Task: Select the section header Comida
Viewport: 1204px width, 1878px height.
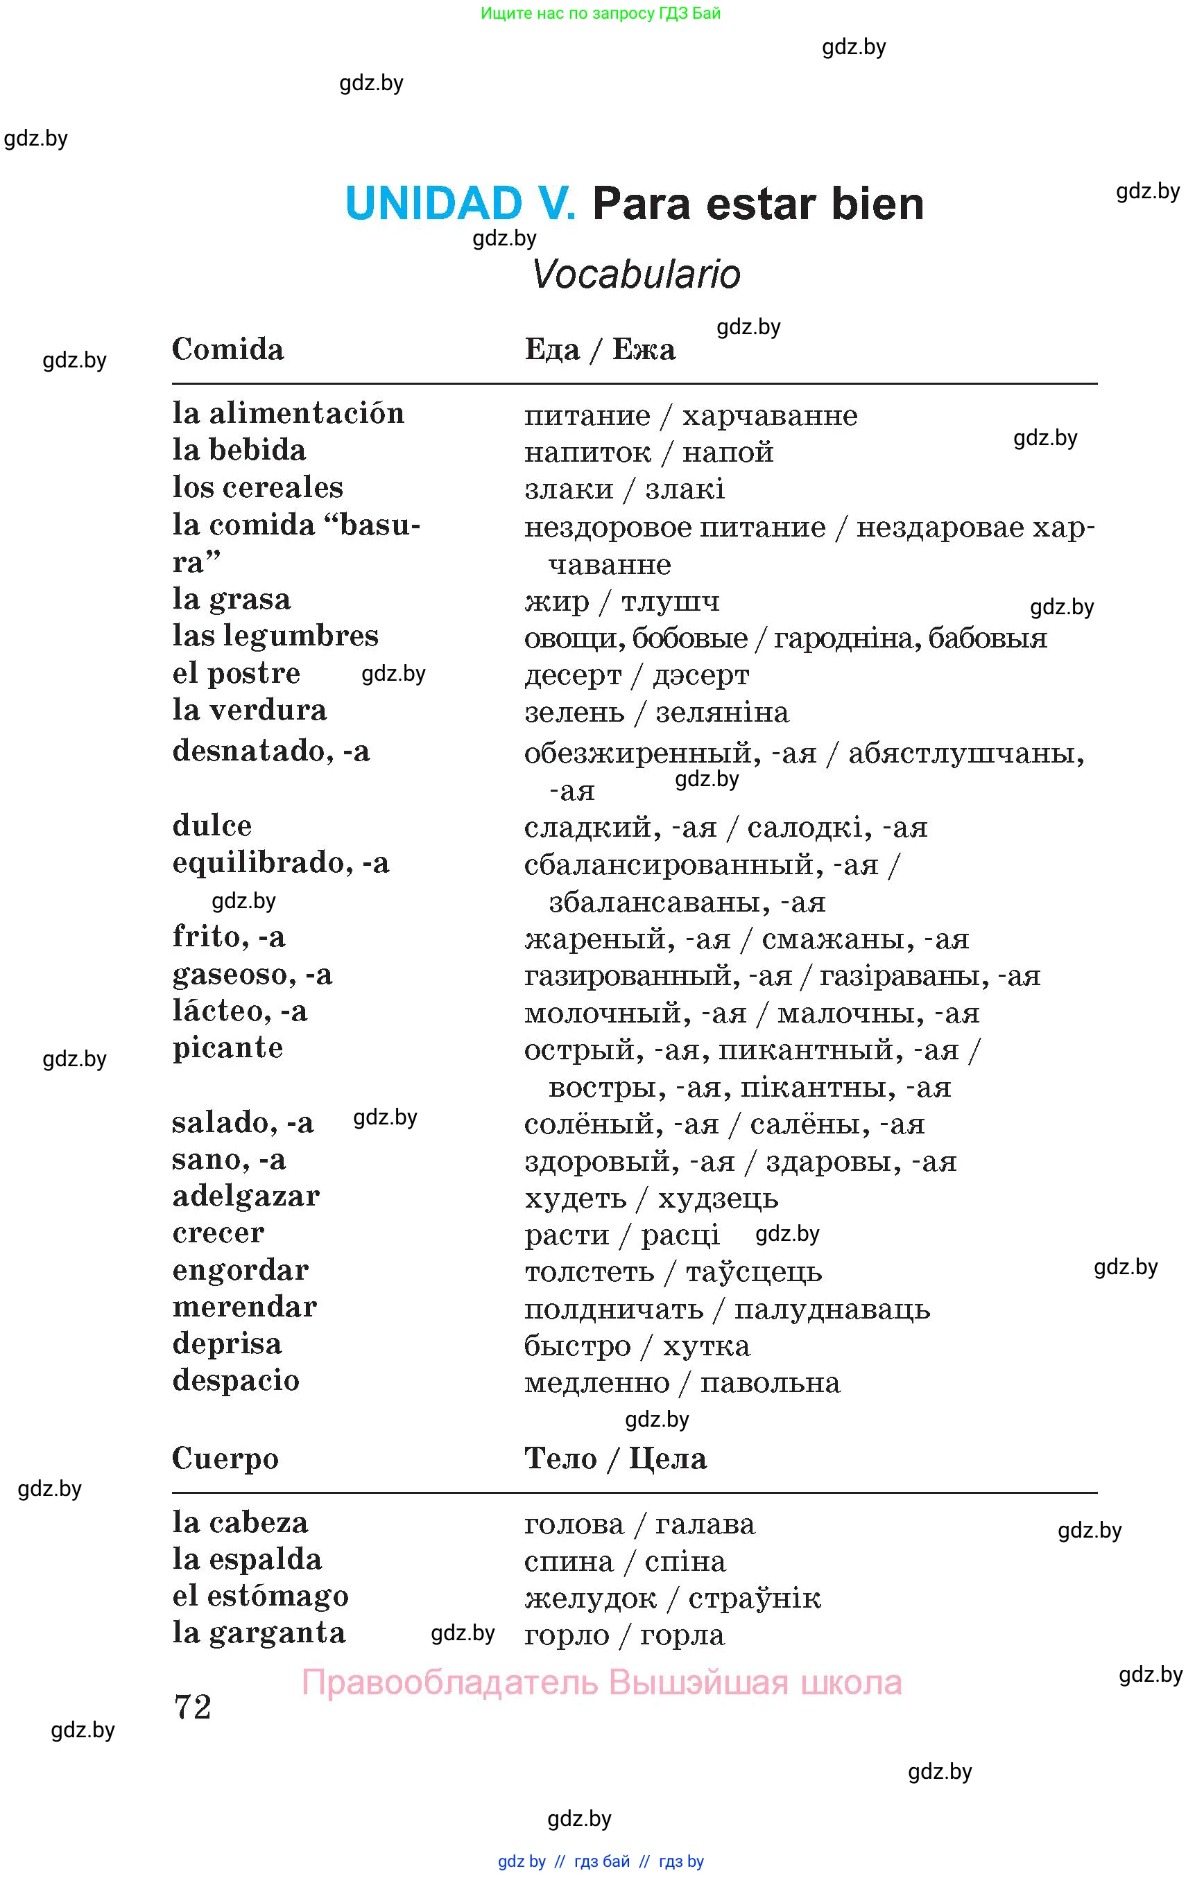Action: pos(227,349)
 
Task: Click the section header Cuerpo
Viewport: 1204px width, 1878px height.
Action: pos(225,1459)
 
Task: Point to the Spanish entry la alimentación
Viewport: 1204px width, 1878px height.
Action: pos(288,412)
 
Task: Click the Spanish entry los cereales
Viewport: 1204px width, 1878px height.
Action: pos(257,487)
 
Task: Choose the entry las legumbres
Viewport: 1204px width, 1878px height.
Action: pos(275,636)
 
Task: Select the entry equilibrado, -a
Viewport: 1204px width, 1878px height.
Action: pos(280,863)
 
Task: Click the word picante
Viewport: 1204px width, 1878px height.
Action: pos(227,1048)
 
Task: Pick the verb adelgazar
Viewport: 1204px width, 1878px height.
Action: pos(246,1197)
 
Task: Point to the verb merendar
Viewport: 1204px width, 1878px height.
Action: pos(244,1307)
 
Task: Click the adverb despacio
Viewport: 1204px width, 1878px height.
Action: pos(235,1381)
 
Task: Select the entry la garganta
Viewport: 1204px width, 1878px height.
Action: pos(259,1633)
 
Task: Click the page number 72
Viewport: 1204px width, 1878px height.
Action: pos(192,1707)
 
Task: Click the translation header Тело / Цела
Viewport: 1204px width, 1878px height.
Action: pos(615,1459)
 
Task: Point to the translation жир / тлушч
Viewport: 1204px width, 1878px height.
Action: pos(621,601)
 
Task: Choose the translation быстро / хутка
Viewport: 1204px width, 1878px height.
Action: pos(637,1346)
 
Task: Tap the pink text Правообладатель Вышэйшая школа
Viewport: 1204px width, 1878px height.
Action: pos(601,1683)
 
